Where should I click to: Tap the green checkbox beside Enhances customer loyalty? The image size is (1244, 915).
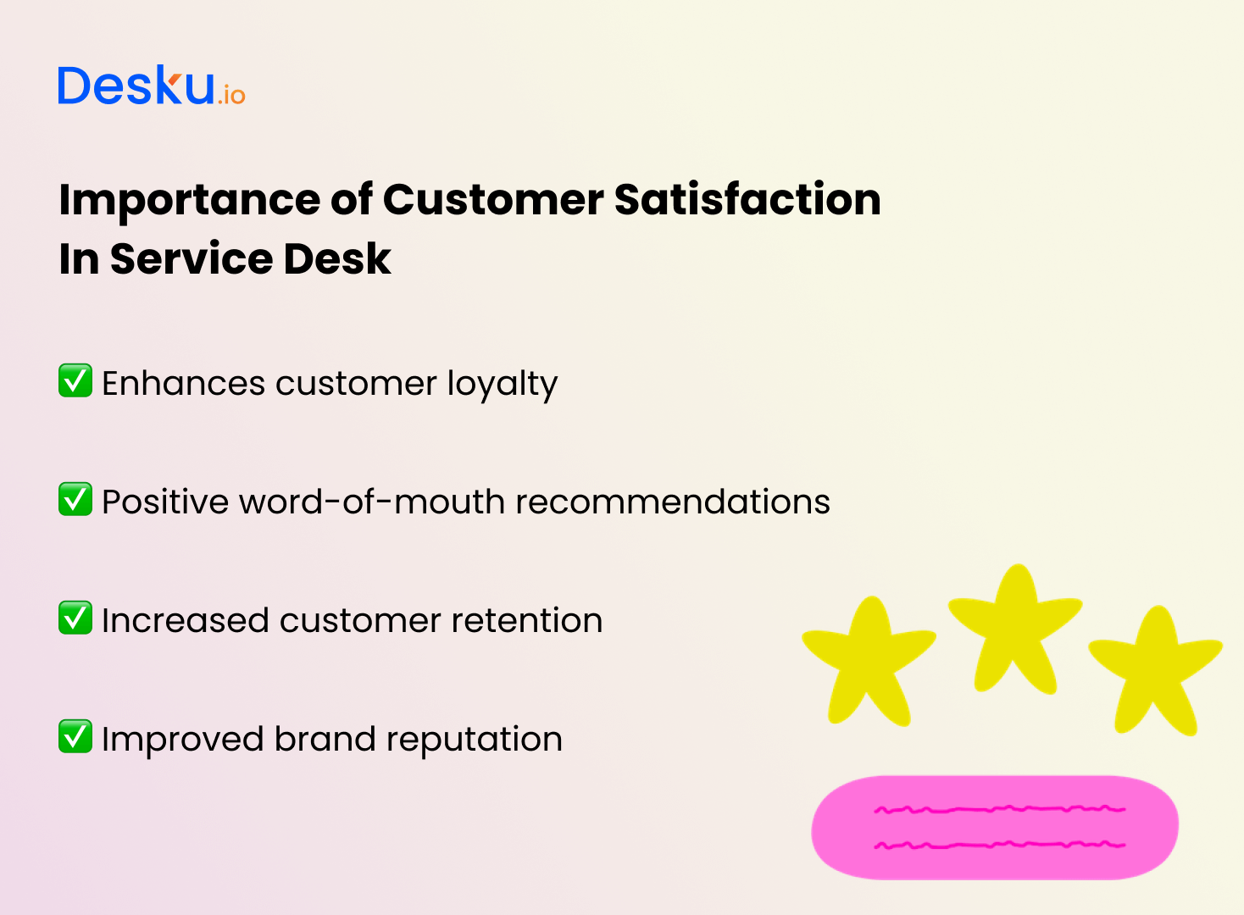(x=75, y=380)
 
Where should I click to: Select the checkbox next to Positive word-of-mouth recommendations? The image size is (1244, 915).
(x=75, y=498)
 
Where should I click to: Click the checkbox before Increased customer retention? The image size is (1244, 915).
(x=75, y=618)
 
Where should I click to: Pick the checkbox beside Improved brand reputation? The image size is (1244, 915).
(x=75, y=736)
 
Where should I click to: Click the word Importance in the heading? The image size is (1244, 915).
(x=189, y=201)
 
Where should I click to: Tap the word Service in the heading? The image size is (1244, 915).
(x=192, y=258)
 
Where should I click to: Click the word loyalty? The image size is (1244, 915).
(x=502, y=384)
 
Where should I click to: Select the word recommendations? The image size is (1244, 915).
(x=673, y=502)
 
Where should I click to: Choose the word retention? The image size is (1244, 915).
(x=526, y=620)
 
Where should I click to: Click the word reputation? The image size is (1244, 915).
(x=475, y=741)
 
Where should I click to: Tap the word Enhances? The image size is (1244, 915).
(x=184, y=383)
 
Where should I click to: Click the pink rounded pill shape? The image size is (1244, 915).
(x=995, y=827)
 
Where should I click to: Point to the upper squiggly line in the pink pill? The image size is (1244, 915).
(x=1000, y=809)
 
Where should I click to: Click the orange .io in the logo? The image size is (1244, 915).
(x=231, y=95)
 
